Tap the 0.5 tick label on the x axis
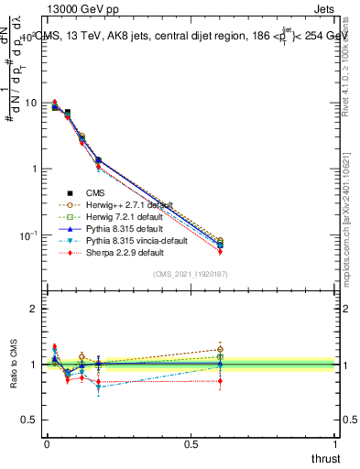[x=191, y=444]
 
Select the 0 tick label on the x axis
[x=47, y=444]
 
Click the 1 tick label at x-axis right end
[x=335, y=444]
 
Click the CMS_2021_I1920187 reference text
[x=191, y=274]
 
